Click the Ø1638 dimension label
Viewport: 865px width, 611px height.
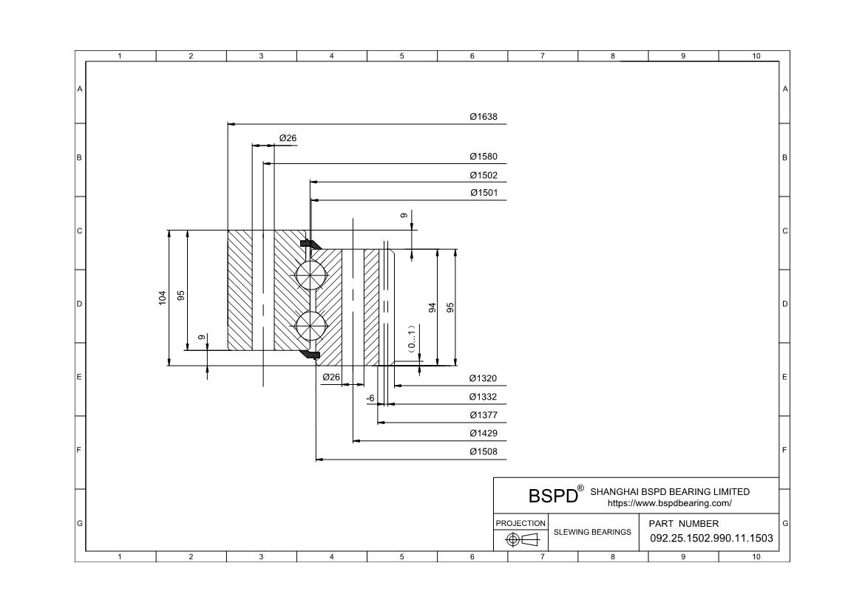click(484, 117)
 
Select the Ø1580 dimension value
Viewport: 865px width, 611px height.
click(484, 157)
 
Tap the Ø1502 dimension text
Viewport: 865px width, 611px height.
click(484, 175)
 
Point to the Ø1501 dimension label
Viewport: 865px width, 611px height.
click(484, 193)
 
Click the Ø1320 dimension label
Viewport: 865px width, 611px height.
click(484, 378)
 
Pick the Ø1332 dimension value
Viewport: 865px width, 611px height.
click(484, 397)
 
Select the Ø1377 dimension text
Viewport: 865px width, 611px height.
click(484, 415)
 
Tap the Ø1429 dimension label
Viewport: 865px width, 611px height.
click(484, 433)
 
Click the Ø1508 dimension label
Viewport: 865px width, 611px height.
click(484, 451)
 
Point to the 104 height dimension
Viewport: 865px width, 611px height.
click(163, 298)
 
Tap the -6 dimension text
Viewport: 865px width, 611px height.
click(370, 397)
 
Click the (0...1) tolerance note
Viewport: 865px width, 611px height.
click(411, 337)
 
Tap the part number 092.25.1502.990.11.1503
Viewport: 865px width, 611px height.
click(711, 538)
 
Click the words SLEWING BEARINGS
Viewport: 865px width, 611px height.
click(593, 532)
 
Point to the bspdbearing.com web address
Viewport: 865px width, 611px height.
click(669, 503)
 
